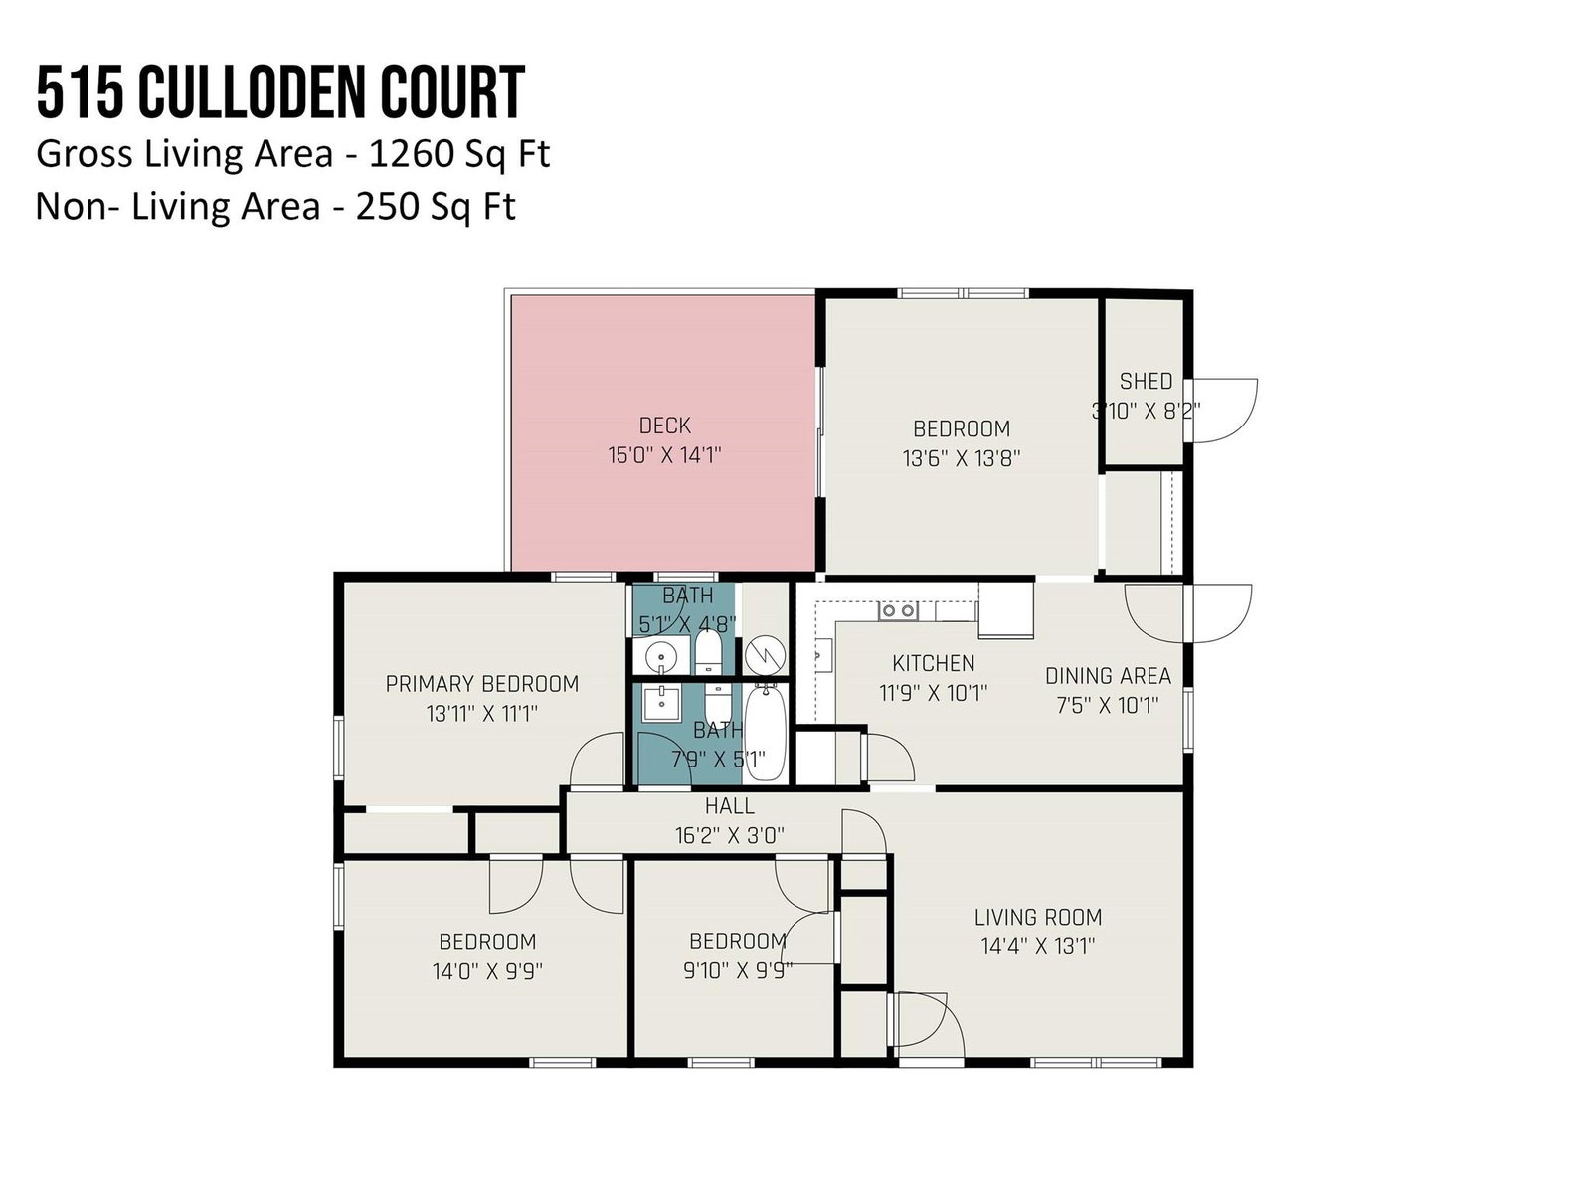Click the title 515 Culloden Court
pyautogui.click(x=280, y=92)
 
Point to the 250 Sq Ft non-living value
pyautogui.click(x=436, y=207)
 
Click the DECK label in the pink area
pyautogui.click(x=664, y=426)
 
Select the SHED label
pyautogui.click(x=1146, y=381)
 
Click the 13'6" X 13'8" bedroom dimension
pyautogui.click(x=962, y=458)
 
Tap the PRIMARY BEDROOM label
pyautogui.click(x=482, y=684)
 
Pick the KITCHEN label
pyautogui.click(x=934, y=663)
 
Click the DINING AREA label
pyautogui.click(x=1109, y=676)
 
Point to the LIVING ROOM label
pyautogui.click(x=1038, y=917)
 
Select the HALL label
pyautogui.click(x=729, y=805)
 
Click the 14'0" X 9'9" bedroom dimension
pyautogui.click(x=487, y=971)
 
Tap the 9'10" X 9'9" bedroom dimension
pyautogui.click(x=738, y=970)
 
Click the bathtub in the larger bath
pyautogui.click(x=765, y=734)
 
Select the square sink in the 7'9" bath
pyautogui.click(x=661, y=703)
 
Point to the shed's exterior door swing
pyautogui.click(x=1226, y=410)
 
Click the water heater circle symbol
pyautogui.click(x=766, y=655)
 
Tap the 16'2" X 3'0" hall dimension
pyautogui.click(x=729, y=836)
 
